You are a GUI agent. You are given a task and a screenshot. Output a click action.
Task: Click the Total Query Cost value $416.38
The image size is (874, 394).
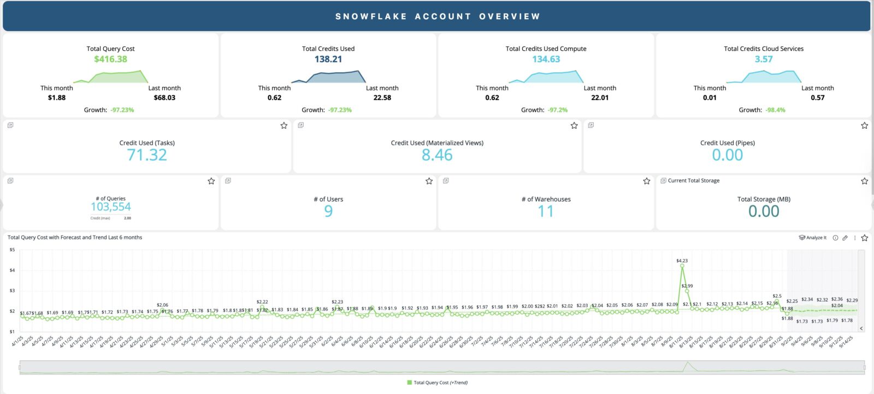pos(110,59)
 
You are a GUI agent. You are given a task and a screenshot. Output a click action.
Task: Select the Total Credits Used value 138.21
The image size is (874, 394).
pos(328,59)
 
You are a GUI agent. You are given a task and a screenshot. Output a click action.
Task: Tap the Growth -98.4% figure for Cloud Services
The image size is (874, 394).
pos(776,110)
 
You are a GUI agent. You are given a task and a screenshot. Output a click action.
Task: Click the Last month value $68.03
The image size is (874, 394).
pos(164,98)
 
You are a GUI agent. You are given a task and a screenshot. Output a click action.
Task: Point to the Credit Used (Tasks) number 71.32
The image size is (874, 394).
pos(147,155)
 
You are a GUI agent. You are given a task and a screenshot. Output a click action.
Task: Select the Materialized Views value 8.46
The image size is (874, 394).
pos(437,155)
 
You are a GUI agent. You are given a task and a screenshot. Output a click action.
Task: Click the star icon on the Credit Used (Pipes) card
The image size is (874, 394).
pos(864,126)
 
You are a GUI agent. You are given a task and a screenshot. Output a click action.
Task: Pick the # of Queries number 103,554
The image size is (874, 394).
pos(111,207)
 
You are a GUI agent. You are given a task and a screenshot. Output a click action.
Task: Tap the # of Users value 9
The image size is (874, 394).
pos(328,211)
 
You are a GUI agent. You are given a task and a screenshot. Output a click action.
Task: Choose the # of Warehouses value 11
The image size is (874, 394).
pos(546,211)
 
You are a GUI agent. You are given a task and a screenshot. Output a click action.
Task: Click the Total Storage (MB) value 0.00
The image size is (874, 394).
pos(764,211)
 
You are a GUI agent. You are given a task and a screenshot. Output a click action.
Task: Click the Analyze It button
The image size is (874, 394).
pos(813,238)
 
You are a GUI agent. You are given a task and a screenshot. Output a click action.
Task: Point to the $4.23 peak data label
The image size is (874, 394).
pos(682,261)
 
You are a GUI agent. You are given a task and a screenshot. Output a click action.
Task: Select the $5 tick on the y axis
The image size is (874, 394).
pos(12,250)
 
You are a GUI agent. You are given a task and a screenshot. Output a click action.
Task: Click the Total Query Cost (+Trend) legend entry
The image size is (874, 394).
pos(438,383)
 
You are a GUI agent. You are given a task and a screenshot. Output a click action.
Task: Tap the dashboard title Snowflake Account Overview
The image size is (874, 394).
pos(438,16)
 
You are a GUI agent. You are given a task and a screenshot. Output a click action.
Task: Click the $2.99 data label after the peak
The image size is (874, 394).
pos(687,286)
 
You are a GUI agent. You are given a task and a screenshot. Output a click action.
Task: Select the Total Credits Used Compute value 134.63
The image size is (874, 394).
pos(546,59)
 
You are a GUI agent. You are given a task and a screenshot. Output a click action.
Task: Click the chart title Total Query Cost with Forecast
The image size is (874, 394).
pos(75,238)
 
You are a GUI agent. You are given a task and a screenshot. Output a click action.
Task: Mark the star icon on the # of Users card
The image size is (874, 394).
pos(429,181)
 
